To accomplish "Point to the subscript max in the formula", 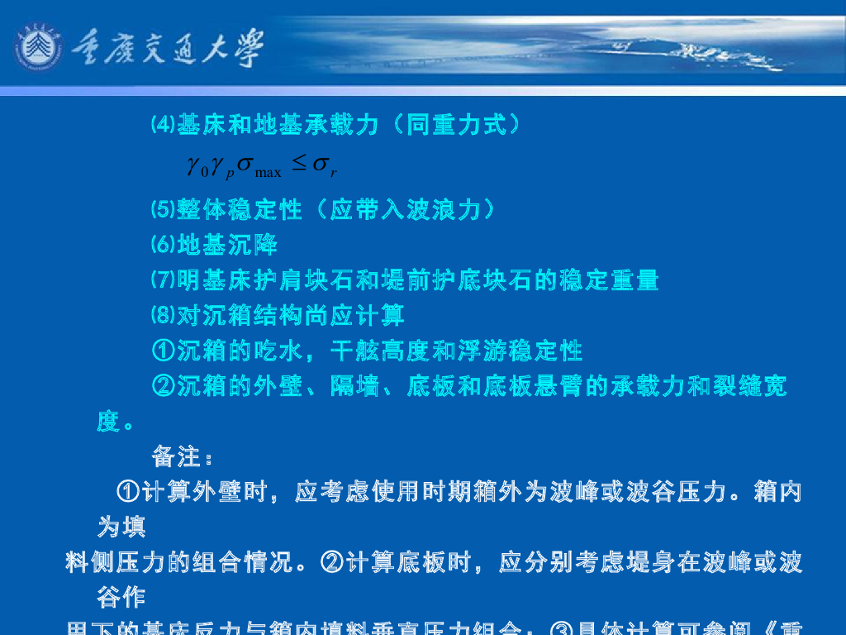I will [x=269, y=172].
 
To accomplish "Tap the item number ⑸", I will [x=164, y=210].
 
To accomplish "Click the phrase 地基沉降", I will [x=227, y=246].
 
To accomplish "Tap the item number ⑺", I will [x=164, y=280].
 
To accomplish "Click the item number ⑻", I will [x=164, y=316].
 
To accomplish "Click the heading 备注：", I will [x=183, y=456].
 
